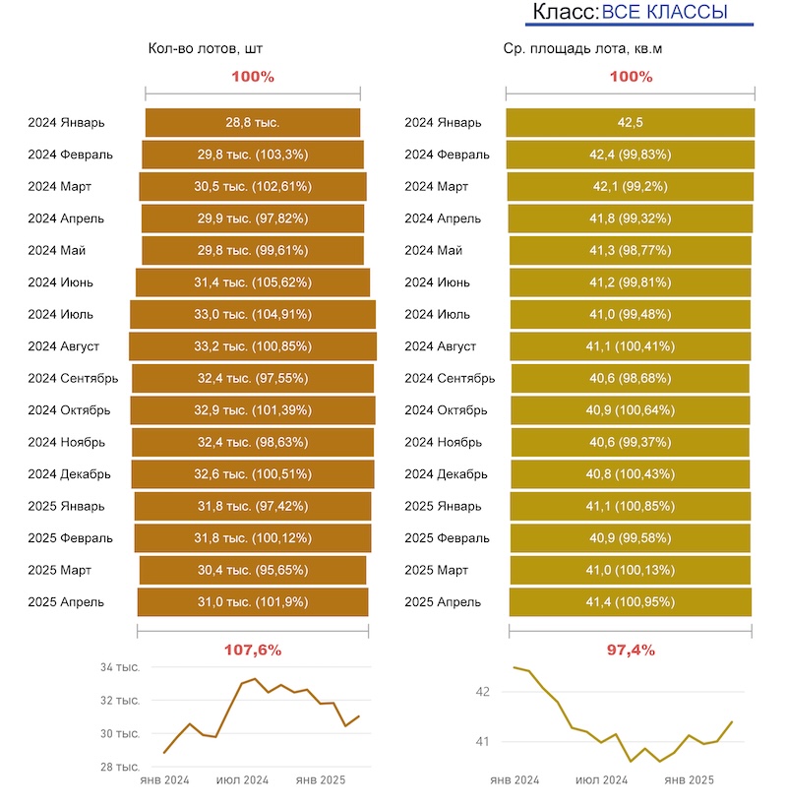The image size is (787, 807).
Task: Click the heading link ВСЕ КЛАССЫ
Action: [x=664, y=12]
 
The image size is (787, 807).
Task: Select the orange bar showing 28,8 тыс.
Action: [x=253, y=123]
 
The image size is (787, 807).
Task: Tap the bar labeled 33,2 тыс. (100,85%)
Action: [x=253, y=346]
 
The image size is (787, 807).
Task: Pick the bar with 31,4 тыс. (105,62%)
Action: [x=253, y=282]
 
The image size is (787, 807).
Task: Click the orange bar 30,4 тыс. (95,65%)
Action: [x=253, y=570]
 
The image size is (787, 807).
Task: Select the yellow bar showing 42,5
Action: [x=630, y=123]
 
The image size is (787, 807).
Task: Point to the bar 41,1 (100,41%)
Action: [x=630, y=346]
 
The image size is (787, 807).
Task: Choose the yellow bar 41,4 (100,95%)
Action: [x=630, y=601]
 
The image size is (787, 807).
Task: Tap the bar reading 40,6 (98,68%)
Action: [x=630, y=378]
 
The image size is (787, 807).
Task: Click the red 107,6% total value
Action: [x=253, y=650]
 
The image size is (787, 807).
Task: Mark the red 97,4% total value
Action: [x=631, y=650]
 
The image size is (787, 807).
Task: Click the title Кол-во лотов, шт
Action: [x=206, y=47]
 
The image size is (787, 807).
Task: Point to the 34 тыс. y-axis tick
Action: [x=120, y=667]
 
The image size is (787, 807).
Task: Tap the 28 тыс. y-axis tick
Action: [x=120, y=767]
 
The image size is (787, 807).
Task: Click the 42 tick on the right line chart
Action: [x=482, y=693]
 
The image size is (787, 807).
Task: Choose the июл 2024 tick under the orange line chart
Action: [x=243, y=780]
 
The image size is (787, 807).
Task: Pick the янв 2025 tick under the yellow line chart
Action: [x=689, y=780]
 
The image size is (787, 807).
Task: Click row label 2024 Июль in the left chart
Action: [x=60, y=314]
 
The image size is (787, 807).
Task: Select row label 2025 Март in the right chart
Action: [x=436, y=570]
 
